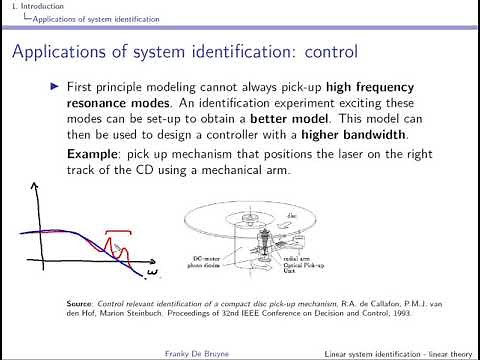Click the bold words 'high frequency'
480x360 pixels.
382,88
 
